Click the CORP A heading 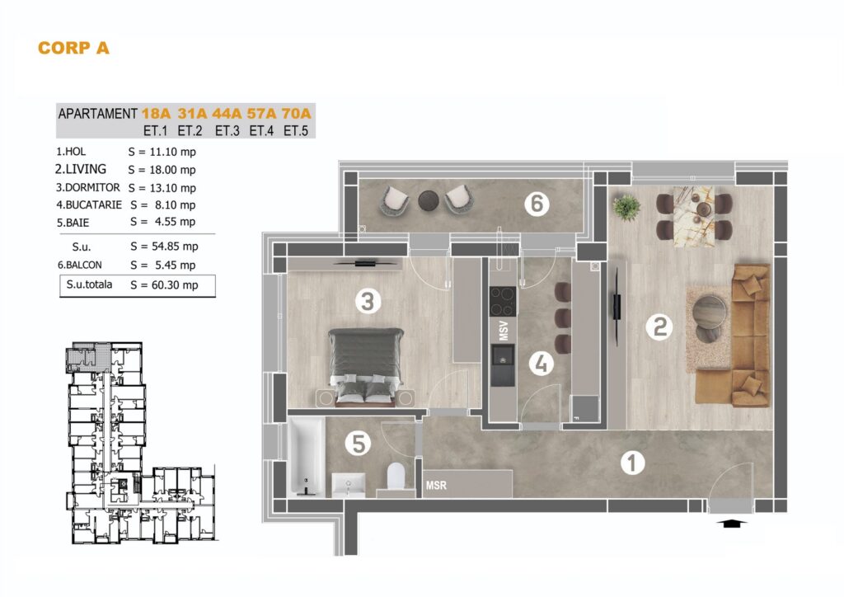(x=73, y=48)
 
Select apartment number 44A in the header (x=227, y=114)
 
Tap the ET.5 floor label (x=296, y=131)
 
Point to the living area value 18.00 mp (x=173, y=170)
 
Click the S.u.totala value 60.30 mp (x=175, y=285)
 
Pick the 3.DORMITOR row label (x=87, y=188)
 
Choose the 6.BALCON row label (x=80, y=265)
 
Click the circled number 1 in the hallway (x=632, y=463)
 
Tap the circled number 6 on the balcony (x=537, y=204)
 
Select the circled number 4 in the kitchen (x=542, y=364)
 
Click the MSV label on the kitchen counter (x=504, y=331)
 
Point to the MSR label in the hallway (x=436, y=486)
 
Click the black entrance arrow (x=732, y=522)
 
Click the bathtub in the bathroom (x=307, y=456)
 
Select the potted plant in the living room (x=626, y=207)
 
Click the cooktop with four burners (x=503, y=302)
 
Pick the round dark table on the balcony (x=429, y=201)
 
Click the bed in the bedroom (x=366, y=367)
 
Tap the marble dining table (x=694, y=216)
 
